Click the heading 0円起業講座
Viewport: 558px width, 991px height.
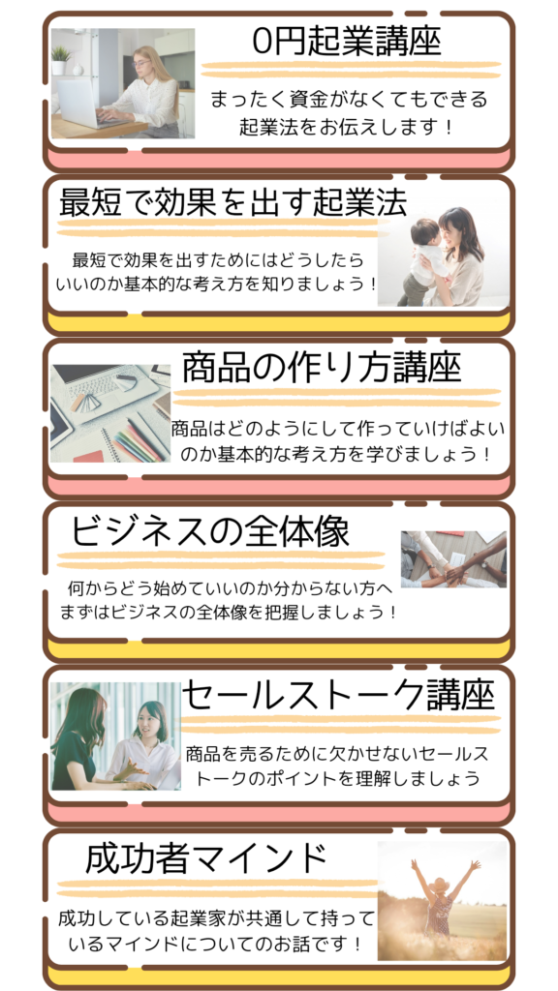(346, 42)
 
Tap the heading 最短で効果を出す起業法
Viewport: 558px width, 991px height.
(232, 202)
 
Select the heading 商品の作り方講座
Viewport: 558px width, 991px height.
(322, 368)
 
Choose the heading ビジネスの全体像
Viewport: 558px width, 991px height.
(209, 531)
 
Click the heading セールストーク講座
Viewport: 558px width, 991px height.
(338, 696)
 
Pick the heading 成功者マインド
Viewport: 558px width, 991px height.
(206, 858)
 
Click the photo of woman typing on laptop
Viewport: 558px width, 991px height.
(123, 83)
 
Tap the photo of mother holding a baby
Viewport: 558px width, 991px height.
(443, 256)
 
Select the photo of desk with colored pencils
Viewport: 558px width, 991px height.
(110, 413)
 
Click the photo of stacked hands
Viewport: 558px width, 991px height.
(453, 559)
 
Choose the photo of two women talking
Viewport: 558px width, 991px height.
(116, 736)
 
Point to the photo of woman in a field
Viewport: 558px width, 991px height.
(443, 900)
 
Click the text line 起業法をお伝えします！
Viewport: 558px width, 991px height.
(347, 127)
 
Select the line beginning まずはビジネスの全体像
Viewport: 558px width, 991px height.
(229, 613)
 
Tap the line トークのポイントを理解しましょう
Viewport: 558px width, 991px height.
(338, 778)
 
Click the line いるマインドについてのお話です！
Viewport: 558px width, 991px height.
(216, 945)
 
